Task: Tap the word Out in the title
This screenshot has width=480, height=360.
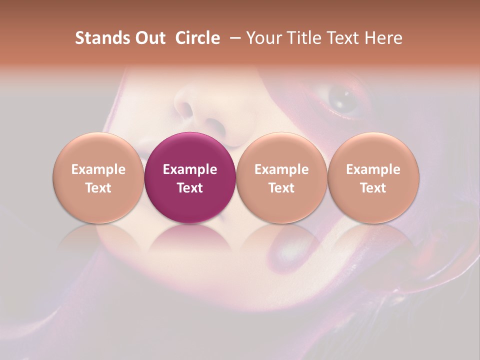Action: coord(148,38)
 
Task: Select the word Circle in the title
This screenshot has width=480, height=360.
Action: coord(197,38)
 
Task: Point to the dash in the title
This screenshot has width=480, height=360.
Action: coord(234,38)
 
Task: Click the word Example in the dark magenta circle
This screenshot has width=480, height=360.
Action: coord(190,169)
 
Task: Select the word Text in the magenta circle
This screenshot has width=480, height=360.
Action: coord(190,188)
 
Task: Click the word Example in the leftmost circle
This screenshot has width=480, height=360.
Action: coord(98,169)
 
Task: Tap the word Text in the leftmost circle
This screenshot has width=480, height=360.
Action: coord(98,188)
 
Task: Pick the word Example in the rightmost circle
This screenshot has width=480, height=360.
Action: coord(373,169)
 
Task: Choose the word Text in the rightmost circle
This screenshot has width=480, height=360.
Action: coord(373,188)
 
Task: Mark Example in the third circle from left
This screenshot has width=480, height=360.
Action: coord(281,169)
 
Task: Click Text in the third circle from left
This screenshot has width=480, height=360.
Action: coord(281,188)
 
